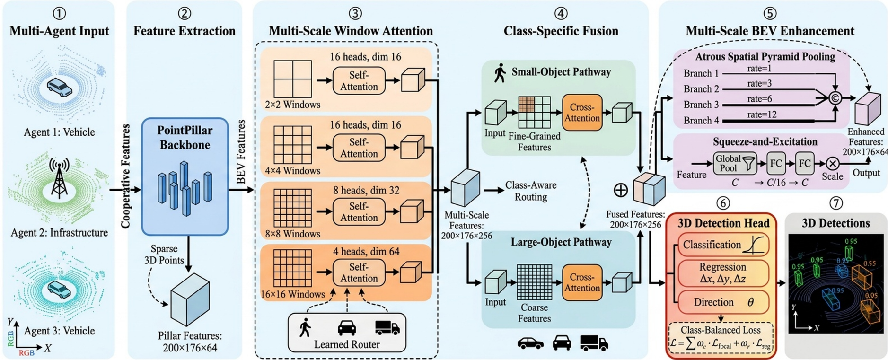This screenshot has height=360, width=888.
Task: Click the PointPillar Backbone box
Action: click(x=185, y=176)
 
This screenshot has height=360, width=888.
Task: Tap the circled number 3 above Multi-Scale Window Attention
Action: click(x=355, y=13)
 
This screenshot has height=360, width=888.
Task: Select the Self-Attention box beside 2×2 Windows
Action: click(x=359, y=81)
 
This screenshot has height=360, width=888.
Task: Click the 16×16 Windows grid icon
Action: click(x=292, y=268)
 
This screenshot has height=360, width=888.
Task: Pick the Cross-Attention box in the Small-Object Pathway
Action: click(x=582, y=113)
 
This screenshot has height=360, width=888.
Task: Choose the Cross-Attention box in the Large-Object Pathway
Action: click(x=582, y=282)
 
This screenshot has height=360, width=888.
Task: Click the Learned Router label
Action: click(x=346, y=344)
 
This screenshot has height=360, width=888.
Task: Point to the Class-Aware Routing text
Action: click(x=531, y=191)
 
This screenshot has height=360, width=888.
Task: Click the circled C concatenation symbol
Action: click(x=835, y=98)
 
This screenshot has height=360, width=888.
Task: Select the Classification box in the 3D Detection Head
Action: click(x=723, y=245)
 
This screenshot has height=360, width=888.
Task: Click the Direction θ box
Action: click(x=723, y=302)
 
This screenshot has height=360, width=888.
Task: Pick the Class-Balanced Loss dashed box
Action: click(x=721, y=337)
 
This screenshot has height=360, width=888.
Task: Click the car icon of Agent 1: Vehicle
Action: click(x=59, y=88)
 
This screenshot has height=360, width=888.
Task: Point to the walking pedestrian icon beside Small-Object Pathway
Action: click(x=500, y=73)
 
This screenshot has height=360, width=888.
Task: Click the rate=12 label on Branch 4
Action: click(x=762, y=114)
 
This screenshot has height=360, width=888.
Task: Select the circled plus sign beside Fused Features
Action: click(x=620, y=190)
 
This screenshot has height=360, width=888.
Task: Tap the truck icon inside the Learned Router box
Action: click(x=387, y=327)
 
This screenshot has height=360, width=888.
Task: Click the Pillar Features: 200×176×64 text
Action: click(x=190, y=342)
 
